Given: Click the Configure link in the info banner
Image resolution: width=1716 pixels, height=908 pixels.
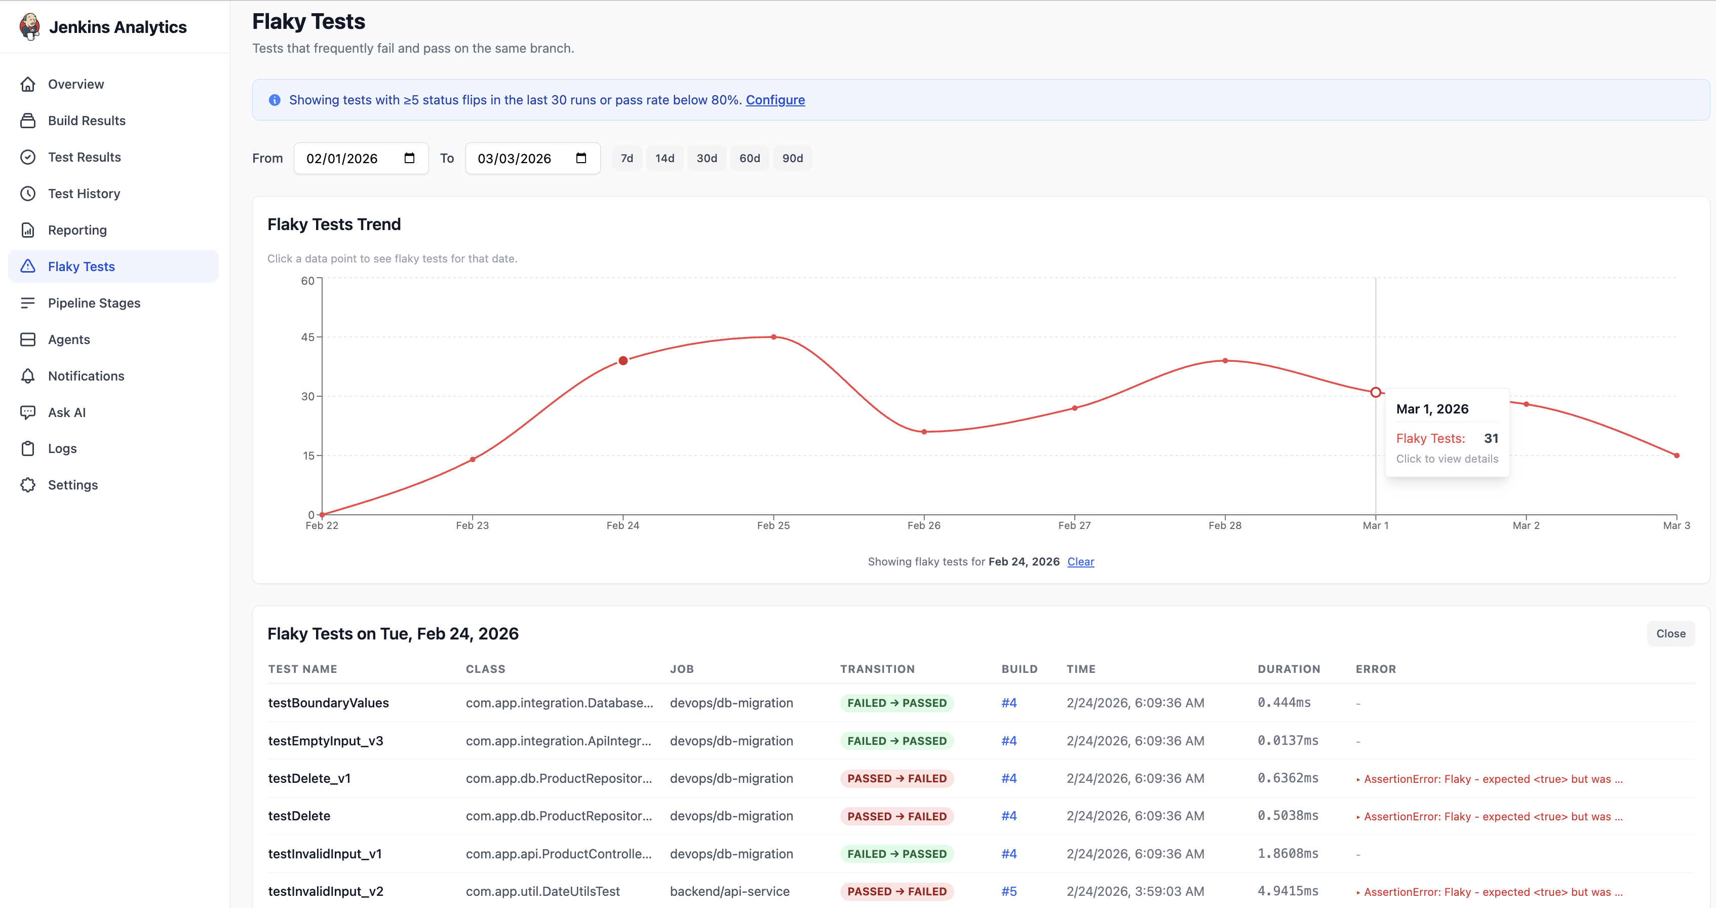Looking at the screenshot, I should click(x=775, y=100).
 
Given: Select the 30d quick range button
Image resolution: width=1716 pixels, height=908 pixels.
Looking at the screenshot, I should click(x=706, y=159).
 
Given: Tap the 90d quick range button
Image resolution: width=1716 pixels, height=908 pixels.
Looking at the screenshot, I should click(x=792, y=159).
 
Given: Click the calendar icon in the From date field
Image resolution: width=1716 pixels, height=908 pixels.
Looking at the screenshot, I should click(x=409, y=158).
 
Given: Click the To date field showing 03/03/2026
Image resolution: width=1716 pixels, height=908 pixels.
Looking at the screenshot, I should click(x=514, y=159).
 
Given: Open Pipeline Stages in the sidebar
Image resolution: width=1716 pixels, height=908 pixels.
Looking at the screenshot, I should click(x=94, y=303).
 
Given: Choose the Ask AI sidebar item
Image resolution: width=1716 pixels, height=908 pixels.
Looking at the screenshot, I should click(x=67, y=412).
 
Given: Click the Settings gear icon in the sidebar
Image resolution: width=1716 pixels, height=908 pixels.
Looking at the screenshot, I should click(x=28, y=485).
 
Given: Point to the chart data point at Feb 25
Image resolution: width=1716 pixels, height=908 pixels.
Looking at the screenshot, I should click(x=773, y=337).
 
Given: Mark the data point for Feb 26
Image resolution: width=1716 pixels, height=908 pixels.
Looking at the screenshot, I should click(x=924, y=432).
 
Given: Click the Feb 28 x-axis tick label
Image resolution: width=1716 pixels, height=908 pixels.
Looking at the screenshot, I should click(x=1224, y=525).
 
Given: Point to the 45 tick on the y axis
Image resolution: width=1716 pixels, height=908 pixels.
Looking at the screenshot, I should click(x=307, y=337).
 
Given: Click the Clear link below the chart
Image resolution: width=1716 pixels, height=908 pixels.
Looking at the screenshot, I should click(x=1080, y=561).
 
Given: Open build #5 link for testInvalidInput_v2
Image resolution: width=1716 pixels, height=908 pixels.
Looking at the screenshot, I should click(x=1008, y=891).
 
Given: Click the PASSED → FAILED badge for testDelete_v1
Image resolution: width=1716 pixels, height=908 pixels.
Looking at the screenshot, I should click(x=896, y=778).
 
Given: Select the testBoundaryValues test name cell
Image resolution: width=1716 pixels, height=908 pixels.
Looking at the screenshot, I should click(x=328, y=703).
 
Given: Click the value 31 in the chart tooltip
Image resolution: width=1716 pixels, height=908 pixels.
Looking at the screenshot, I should click(x=1491, y=438).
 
